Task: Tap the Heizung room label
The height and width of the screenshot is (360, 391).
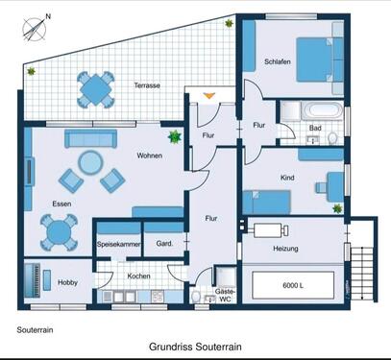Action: (285, 249)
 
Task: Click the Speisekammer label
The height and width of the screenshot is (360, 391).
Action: (117, 244)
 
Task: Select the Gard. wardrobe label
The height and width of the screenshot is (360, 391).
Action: (163, 244)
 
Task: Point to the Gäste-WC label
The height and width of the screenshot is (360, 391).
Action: (224, 294)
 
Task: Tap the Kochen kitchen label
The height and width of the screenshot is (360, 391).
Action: (138, 276)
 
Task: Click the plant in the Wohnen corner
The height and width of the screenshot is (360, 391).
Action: (175, 137)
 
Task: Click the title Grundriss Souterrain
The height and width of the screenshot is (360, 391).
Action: (195, 348)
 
